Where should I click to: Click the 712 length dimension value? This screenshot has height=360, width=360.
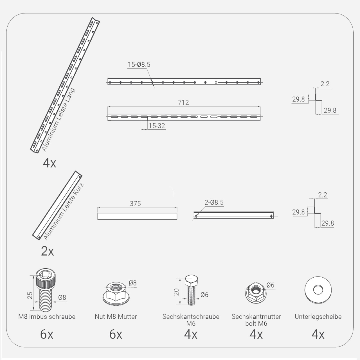click(x=183, y=103)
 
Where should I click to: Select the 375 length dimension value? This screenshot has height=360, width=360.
click(x=135, y=203)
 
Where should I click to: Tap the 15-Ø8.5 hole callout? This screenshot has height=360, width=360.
click(x=139, y=65)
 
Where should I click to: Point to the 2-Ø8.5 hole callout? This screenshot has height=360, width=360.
click(x=214, y=202)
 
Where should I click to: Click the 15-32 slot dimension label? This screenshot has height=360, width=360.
click(x=157, y=126)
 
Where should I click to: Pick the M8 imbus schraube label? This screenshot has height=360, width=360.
click(x=47, y=316)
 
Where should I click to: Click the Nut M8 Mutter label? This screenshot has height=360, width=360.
click(x=116, y=316)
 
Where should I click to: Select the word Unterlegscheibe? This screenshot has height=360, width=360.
click(x=318, y=316)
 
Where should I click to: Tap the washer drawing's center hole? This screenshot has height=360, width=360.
click(x=318, y=290)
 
